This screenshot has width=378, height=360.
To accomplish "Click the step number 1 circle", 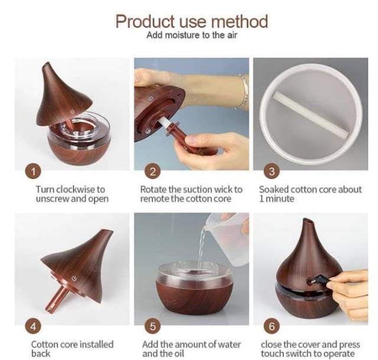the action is pyautogui.click(x=33, y=172).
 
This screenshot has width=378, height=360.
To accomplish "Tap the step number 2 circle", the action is pyautogui.click(x=152, y=172).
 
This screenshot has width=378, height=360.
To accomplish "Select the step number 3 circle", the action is pyautogui.click(x=272, y=172).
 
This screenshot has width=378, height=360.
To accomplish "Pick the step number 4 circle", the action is pyautogui.click(x=33, y=327).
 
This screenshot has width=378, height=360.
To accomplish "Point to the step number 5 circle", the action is pyautogui.click(x=152, y=327).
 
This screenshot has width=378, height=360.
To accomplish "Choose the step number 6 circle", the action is pyautogui.click(x=272, y=327).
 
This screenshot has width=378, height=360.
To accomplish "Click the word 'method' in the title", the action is pyautogui.click(x=239, y=21).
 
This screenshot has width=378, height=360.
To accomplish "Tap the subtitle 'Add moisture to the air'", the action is pyautogui.click(x=192, y=35).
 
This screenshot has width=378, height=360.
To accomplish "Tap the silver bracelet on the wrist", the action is pyautogui.click(x=242, y=92).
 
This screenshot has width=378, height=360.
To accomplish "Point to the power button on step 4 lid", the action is pyautogui.click(x=74, y=279).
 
